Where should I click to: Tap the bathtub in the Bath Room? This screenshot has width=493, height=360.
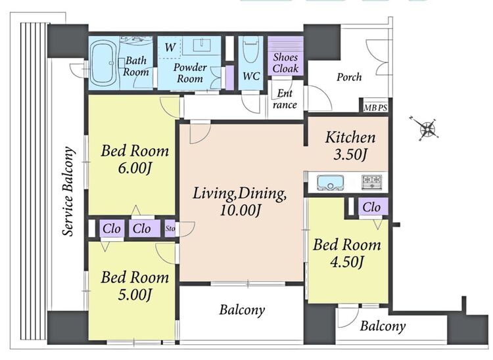coord(103,63)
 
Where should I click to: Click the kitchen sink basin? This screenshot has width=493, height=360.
coord(330,183)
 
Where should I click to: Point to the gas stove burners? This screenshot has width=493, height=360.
coord(372,182)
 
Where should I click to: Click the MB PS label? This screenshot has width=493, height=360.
coord(375,108)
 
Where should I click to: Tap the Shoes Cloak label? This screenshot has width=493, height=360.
coord(285,63)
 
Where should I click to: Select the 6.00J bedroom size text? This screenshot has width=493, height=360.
coord(135,169)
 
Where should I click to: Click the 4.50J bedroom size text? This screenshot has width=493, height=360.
coord(347,261)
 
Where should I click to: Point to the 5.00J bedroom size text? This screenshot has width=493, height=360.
coord(135,295)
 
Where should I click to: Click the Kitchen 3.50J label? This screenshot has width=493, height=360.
coord(350,146)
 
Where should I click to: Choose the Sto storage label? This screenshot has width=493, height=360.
coord(170,229)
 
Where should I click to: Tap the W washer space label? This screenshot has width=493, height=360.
coord(170,47)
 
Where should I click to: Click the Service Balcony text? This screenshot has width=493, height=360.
coord(68,191)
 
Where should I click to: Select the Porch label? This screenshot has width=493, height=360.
coord(349,77)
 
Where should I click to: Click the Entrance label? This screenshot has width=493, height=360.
coord(285,99)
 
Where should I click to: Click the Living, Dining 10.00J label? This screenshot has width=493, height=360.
coord(239,202)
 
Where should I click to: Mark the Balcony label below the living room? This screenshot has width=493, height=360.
coord(242,310)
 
